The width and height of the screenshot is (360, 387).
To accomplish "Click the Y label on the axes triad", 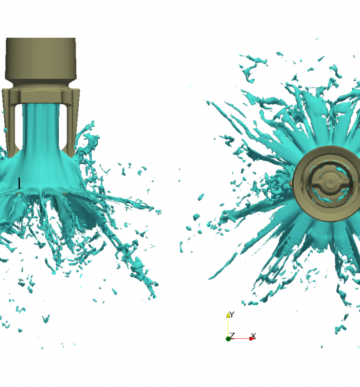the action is [232, 314].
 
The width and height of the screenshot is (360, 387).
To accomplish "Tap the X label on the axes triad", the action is [254, 336].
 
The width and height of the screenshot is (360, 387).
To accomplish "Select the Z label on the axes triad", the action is [232, 336].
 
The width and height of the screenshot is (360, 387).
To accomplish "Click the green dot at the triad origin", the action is [228, 339].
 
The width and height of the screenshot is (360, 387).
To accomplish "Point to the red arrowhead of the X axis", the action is [252, 339].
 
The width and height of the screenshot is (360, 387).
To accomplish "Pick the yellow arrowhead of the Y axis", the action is [228, 315].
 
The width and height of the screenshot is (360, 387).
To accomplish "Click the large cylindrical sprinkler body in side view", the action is [40, 59].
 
